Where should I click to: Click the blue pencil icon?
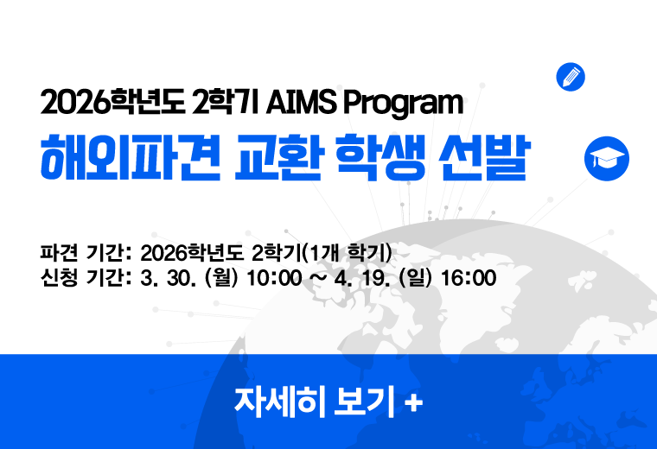pyautogui.click(x=571, y=77)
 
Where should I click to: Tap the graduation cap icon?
pyautogui.click(x=607, y=157)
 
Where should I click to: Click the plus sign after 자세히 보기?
pyautogui.click(x=414, y=402)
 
